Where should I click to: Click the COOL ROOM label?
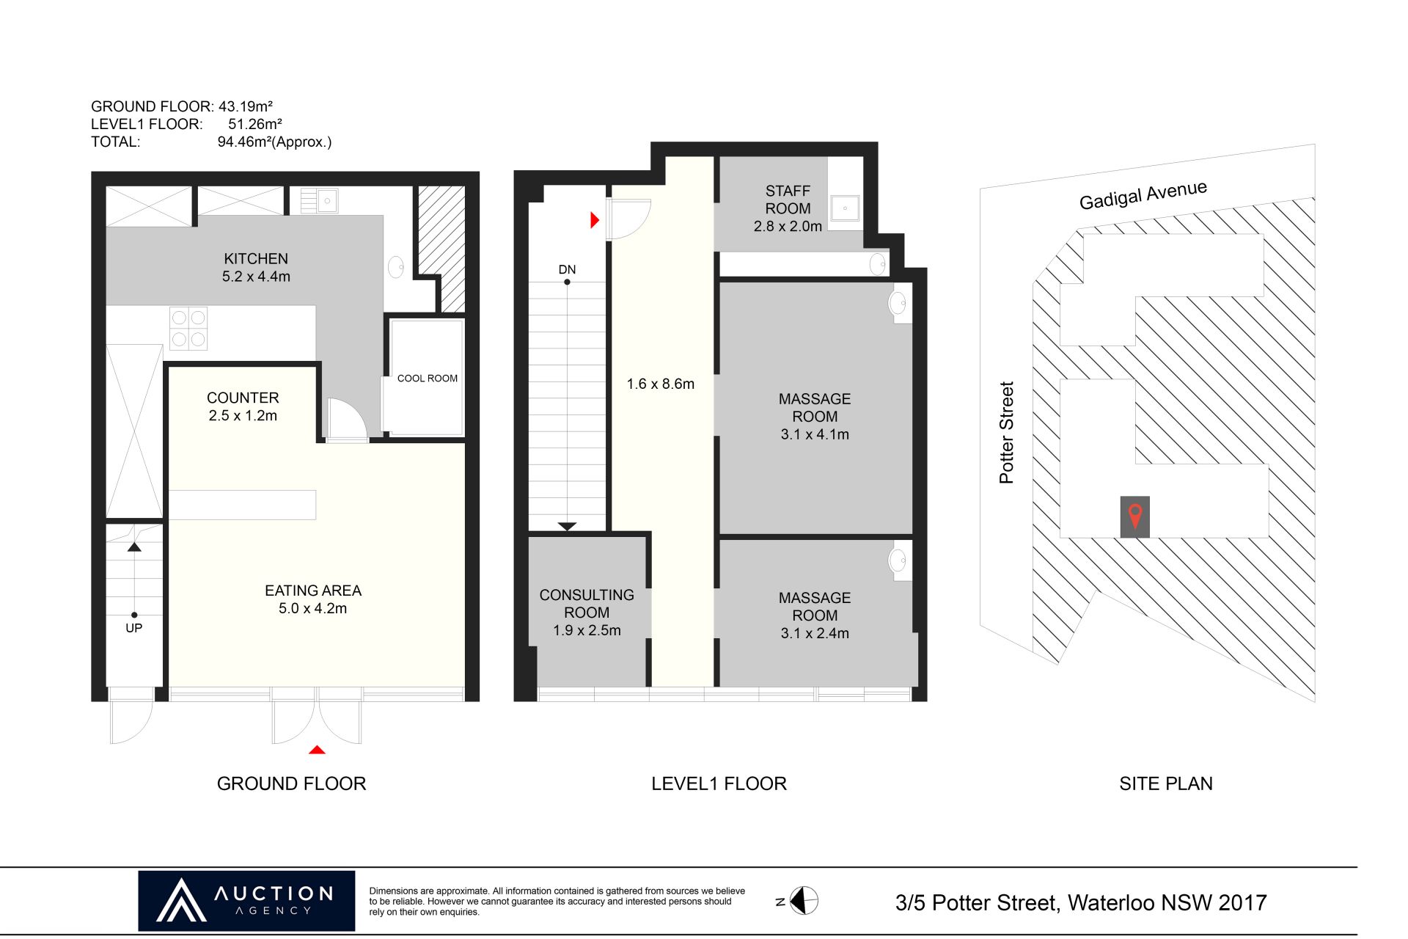click(x=427, y=379)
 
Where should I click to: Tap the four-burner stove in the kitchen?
click(x=188, y=328)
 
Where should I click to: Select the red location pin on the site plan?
click(x=1135, y=516)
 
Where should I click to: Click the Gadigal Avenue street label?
click(x=1143, y=194)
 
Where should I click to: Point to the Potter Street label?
click(x=1006, y=432)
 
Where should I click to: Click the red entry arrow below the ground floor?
click(x=317, y=750)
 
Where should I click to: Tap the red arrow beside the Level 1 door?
click(x=595, y=219)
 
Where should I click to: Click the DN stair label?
click(x=567, y=269)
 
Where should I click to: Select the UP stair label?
click(x=133, y=628)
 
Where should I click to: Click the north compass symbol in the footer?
click(x=804, y=901)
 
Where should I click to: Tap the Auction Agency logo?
click(x=246, y=901)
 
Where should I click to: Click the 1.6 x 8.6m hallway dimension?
click(x=660, y=384)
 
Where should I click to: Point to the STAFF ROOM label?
click(x=788, y=200)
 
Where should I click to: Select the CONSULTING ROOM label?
click(x=587, y=604)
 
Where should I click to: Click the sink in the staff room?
click(x=845, y=208)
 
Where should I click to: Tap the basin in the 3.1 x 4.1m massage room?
click(x=898, y=302)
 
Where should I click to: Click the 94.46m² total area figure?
click(x=274, y=142)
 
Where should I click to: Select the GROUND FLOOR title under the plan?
click(x=291, y=783)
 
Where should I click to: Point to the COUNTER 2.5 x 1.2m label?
click(x=243, y=406)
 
